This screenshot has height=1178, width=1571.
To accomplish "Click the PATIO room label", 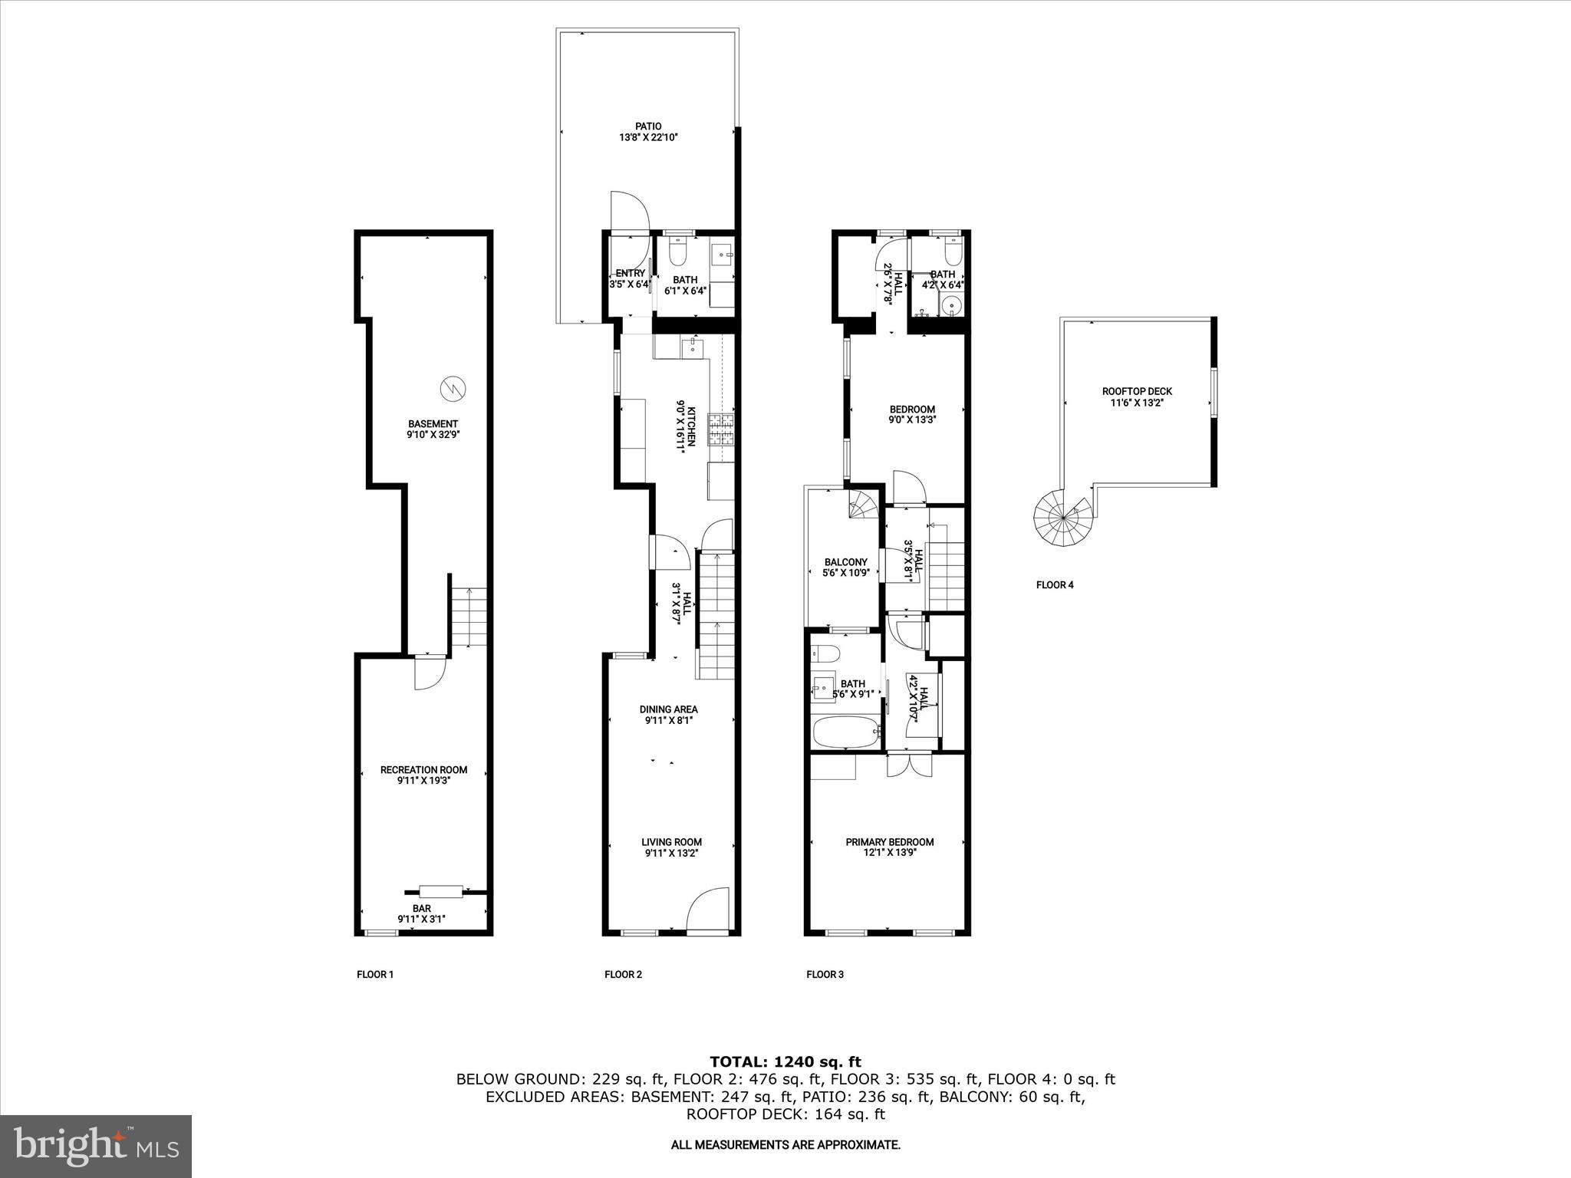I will (x=648, y=132).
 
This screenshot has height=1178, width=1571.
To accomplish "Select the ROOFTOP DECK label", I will (x=1137, y=397).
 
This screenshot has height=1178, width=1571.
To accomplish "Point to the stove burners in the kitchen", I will (x=720, y=429).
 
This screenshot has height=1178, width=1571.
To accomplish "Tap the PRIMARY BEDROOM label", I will (x=889, y=847).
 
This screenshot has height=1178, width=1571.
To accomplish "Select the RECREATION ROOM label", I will (x=423, y=775).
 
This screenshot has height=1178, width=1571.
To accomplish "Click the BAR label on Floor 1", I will (x=421, y=913).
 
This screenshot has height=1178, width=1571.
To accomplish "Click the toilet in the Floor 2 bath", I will (x=678, y=251).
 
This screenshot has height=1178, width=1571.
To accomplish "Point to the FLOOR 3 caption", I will (x=825, y=975).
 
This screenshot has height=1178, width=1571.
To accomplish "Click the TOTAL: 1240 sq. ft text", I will (x=785, y=1062).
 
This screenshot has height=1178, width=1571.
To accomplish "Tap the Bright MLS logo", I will (x=96, y=1146).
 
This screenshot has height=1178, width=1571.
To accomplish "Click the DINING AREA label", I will (x=668, y=715).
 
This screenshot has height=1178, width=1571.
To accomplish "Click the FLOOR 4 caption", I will (x=1055, y=585).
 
